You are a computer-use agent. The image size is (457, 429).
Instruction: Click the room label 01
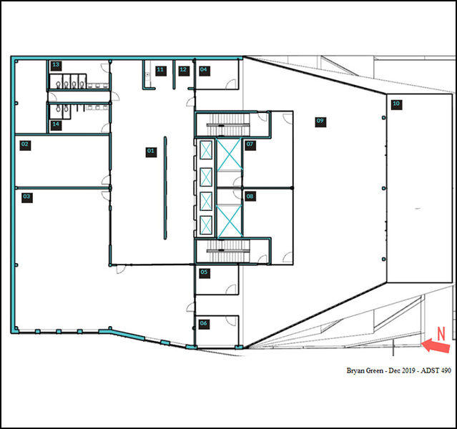click(151, 152)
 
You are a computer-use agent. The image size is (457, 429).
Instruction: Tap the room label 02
click(25, 145)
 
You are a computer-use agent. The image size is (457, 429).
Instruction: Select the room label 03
click(27, 197)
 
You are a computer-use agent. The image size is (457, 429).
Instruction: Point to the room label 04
click(205, 71)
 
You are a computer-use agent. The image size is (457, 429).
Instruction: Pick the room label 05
click(205, 273)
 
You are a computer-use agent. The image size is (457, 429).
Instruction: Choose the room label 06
click(204, 324)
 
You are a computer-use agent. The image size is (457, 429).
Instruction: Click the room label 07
click(250, 145)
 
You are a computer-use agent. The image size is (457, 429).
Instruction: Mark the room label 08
click(250, 197)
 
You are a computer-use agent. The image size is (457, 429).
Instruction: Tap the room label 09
click(320, 122)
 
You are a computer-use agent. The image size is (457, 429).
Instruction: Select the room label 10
click(397, 104)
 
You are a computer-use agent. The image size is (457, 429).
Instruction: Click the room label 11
click(161, 71)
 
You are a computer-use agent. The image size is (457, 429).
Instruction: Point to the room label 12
click(184, 71)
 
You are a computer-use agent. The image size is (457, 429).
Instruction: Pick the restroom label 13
click(56, 66)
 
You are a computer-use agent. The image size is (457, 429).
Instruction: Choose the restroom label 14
click(56, 125)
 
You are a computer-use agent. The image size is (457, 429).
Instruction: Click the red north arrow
click(436, 346)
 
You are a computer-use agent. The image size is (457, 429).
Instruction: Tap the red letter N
click(441, 334)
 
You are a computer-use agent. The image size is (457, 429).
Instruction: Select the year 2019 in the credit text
click(408, 370)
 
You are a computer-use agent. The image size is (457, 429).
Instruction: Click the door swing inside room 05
click(231, 290)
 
